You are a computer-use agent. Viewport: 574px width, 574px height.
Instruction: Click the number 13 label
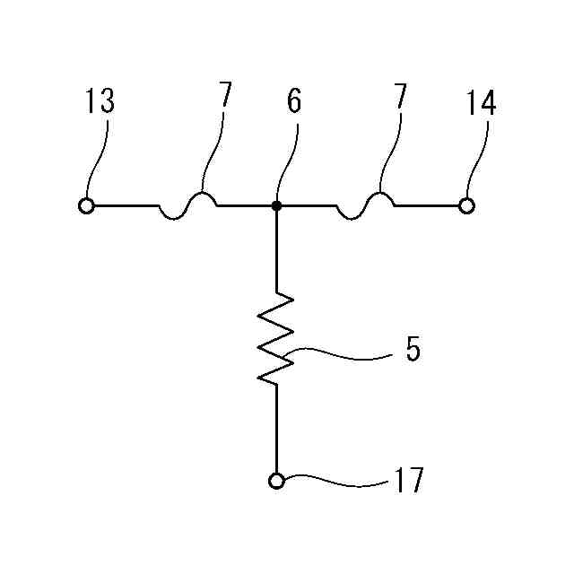coord(100,102)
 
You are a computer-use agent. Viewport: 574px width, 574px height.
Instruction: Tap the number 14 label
coord(481,102)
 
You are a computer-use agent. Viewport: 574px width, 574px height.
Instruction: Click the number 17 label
coord(407,482)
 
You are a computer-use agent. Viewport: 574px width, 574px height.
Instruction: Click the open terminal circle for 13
coord(87,205)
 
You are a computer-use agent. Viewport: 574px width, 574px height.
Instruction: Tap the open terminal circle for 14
coord(466,205)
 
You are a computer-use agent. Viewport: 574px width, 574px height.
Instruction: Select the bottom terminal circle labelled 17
coord(276,482)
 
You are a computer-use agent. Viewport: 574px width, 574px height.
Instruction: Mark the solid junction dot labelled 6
coord(276,205)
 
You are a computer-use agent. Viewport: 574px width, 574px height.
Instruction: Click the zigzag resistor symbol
coord(276,338)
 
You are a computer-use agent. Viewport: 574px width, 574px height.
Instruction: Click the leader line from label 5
coord(341,357)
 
